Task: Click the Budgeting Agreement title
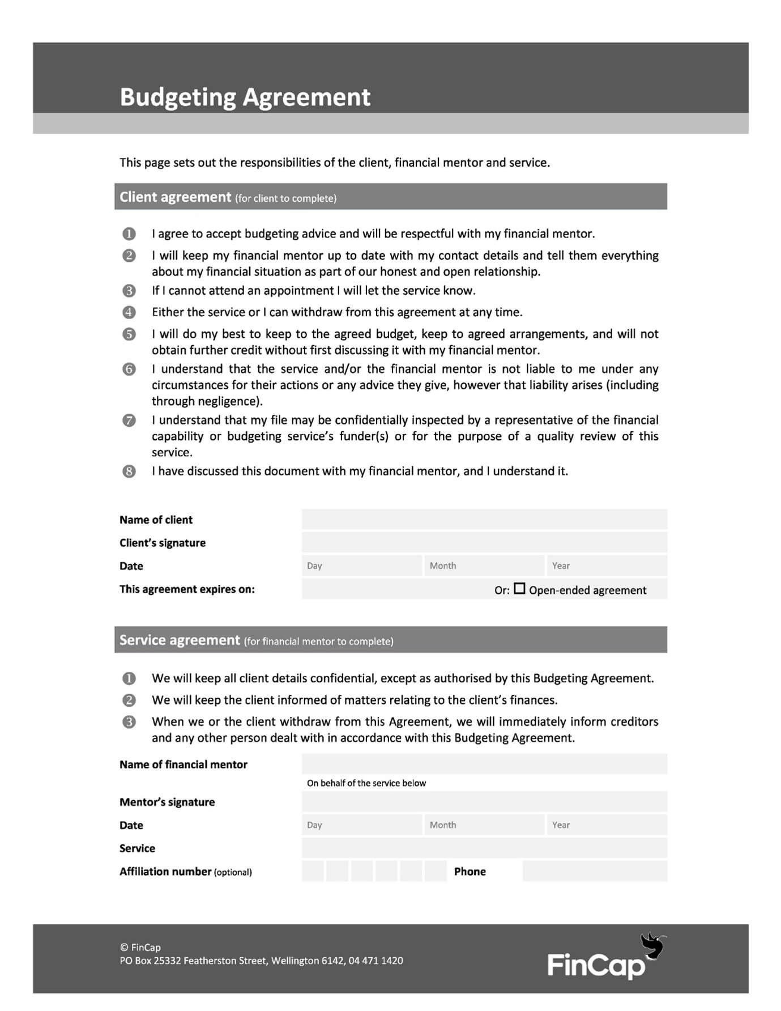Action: click(x=245, y=97)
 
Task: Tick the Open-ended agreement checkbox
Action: click(x=519, y=589)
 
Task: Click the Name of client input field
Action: click(x=484, y=519)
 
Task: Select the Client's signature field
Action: click(x=484, y=542)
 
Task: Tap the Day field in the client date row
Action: click(x=362, y=566)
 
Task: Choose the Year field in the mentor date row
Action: click(x=607, y=825)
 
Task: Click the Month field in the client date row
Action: click(x=484, y=566)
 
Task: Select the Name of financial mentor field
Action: click(x=484, y=764)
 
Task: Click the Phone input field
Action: click(x=595, y=871)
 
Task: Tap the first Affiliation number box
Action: click(x=313, y=871)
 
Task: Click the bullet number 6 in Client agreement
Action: click(x=129, y=369)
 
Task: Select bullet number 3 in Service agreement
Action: click(x=129, y=722)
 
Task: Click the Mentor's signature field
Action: click(x=484, y=802)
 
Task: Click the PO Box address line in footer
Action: click(x=261, y=961)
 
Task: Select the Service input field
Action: click(x=484, y=848)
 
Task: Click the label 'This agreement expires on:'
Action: click(x=187, y=589)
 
